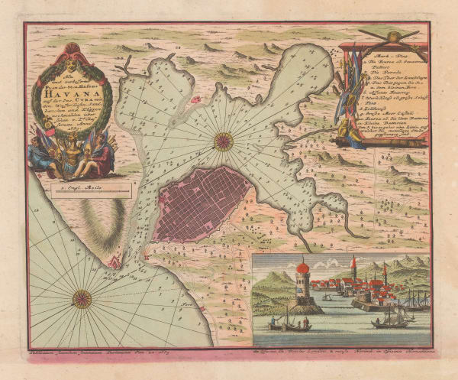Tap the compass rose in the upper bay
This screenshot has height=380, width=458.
point(224,140)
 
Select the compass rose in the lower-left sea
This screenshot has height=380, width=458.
point(82,297)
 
